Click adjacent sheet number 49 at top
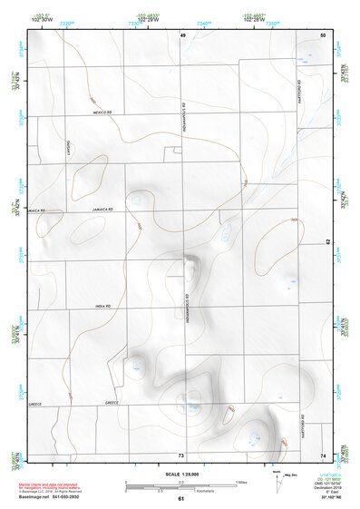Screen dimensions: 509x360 [181, 34]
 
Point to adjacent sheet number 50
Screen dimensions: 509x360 [323, 34]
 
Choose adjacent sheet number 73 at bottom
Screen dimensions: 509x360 [181, 455]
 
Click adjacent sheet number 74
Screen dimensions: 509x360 [323, 455]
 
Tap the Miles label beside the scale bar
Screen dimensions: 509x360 [241, 481]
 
